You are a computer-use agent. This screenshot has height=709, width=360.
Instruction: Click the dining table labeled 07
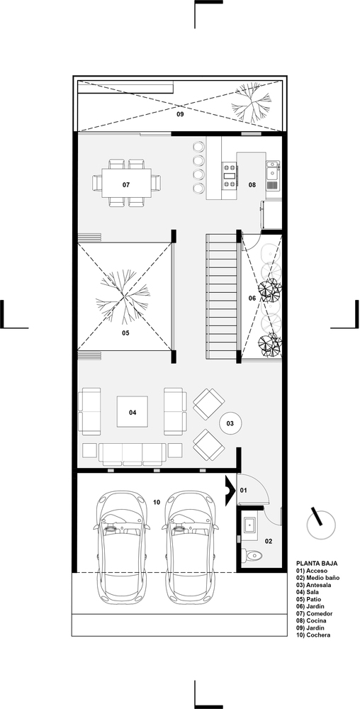click(126, 183)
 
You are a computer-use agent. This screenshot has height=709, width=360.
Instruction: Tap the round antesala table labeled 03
click(230, 424)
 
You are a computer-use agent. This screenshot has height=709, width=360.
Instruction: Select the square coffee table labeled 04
click(133, 411)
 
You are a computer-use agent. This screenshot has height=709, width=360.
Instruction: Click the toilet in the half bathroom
click(252, 554)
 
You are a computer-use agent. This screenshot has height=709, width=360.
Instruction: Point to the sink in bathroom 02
click(249, 525)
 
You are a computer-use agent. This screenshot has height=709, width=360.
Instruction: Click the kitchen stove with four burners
click(230, 175)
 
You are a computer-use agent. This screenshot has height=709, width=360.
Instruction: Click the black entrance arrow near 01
click(230, 490)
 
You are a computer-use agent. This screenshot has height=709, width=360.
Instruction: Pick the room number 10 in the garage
click(157, 502)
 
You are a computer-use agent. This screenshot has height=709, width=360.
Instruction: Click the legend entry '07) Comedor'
click(315, 613)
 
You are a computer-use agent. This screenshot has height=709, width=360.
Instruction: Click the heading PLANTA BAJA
click(317, 564)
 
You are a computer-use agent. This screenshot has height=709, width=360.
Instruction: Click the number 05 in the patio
click(125, 333)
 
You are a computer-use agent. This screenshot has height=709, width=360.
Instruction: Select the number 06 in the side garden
click(252, 298)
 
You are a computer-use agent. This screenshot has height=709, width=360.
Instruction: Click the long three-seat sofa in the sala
click(131, 454)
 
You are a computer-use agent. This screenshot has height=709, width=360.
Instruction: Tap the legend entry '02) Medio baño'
click(318, 578)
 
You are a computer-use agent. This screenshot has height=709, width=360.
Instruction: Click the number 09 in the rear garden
click(180, 114)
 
